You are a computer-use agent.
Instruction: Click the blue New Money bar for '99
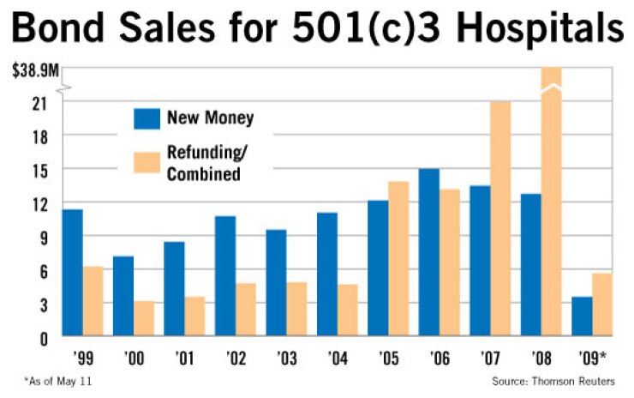72,272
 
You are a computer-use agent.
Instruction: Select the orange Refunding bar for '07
500,219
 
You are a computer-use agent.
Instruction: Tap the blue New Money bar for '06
428,252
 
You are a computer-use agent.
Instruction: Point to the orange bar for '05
398,258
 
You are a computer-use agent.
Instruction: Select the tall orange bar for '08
552,202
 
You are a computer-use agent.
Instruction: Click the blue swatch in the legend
147,118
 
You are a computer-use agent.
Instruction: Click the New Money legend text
211,118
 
